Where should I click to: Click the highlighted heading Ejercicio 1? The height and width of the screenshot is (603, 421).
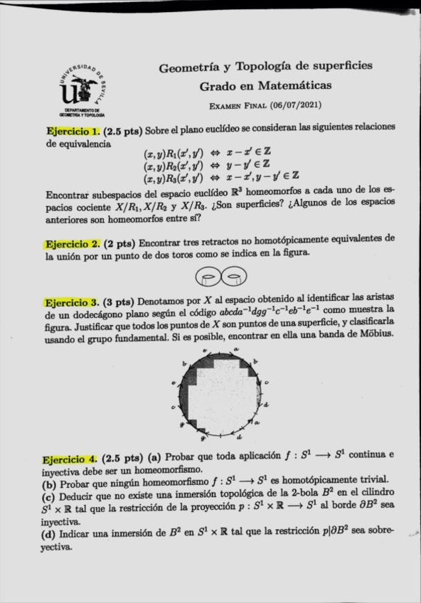tap(73, 132)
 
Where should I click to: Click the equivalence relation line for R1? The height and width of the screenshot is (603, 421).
tap(220, 154)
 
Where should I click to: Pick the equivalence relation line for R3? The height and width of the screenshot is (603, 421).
tap(220, 176)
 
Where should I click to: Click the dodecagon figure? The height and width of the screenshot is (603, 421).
tap(222, 393)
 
